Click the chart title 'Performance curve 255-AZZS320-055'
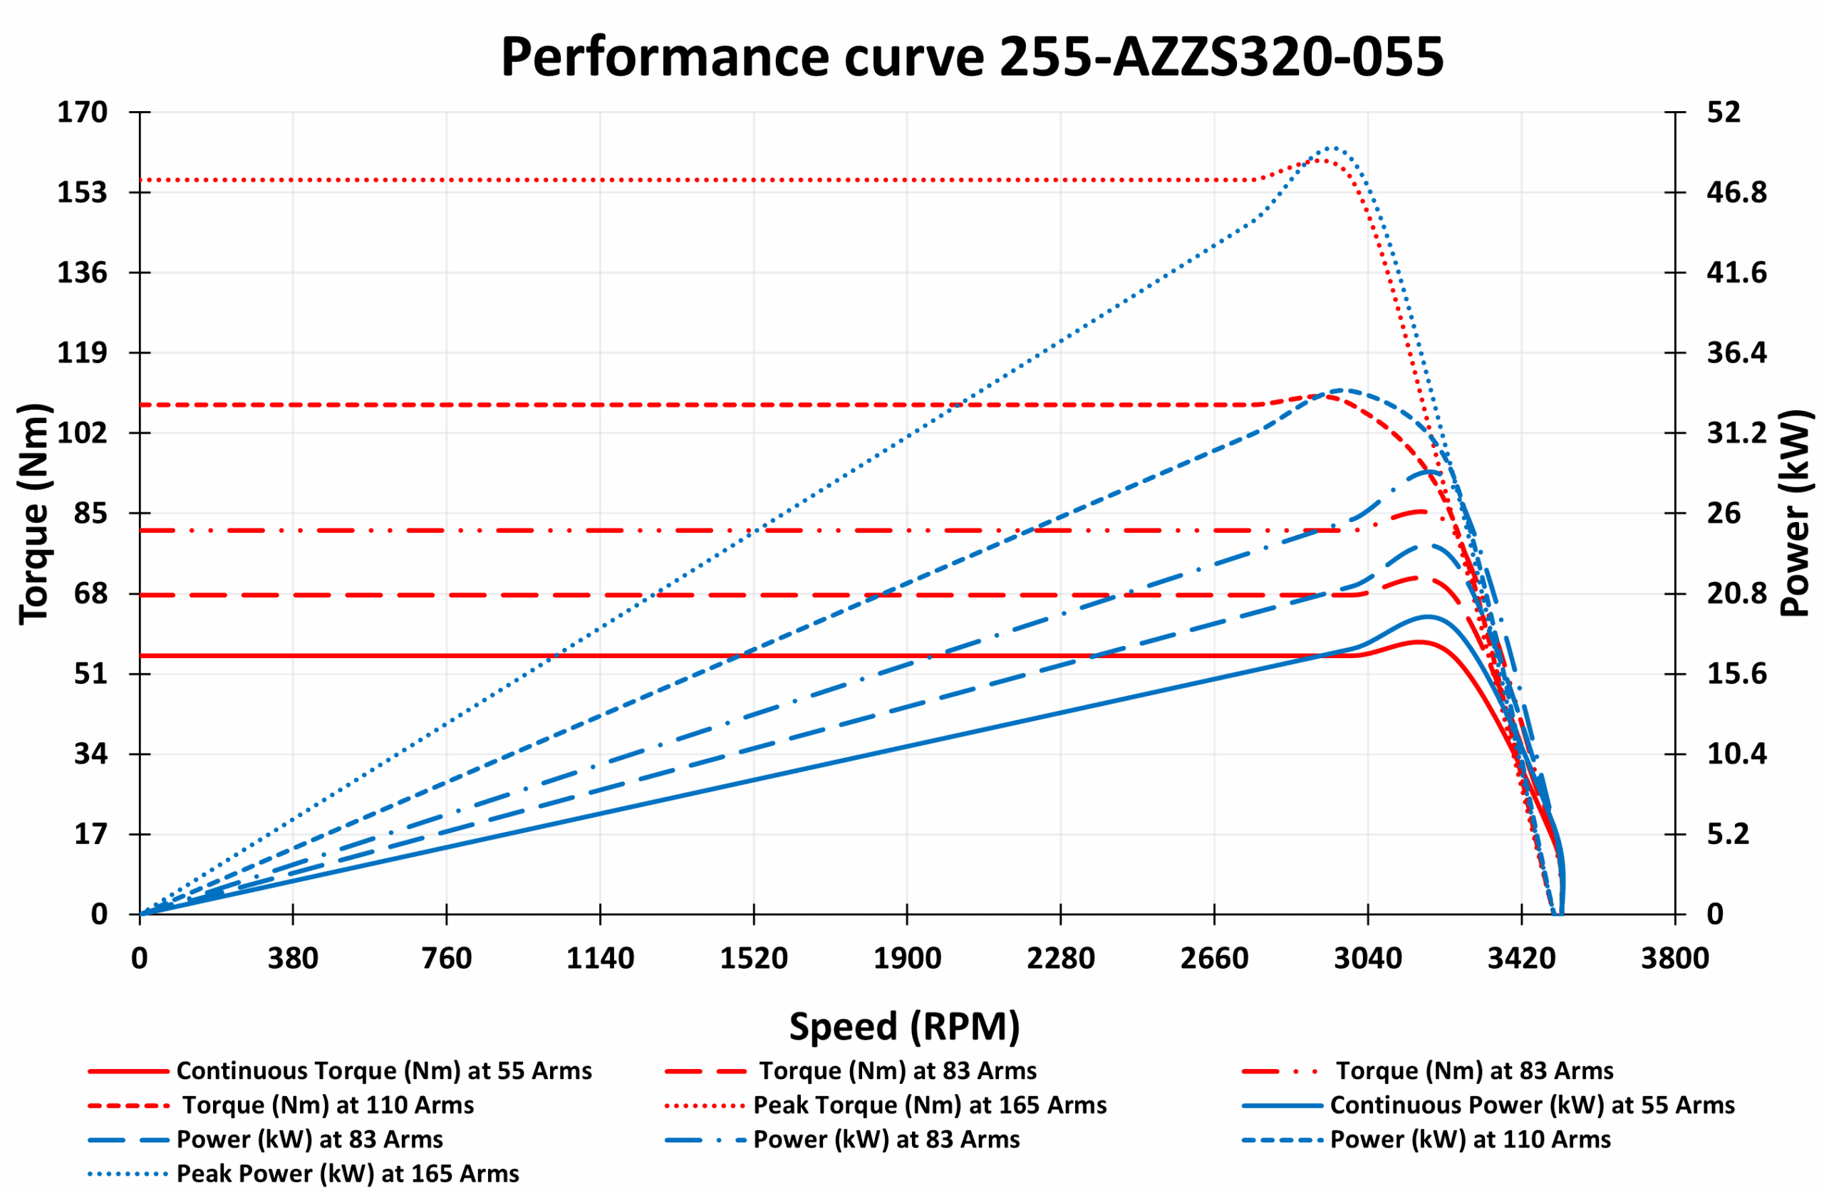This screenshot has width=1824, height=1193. click(x=971, y=58)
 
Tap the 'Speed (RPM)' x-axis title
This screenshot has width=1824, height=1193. click(x=904, y=1026)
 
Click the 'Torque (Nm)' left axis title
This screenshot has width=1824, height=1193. click(x=34, y=514)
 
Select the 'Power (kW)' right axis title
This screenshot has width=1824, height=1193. click(x=1795, y=514)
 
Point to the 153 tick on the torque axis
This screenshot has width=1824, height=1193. click(x=82, y=192)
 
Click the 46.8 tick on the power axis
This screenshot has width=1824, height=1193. click(x=1736, y=192)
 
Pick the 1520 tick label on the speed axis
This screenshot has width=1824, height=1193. click(x=753, y=959)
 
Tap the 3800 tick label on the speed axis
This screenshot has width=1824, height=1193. click(x=1674, y=959)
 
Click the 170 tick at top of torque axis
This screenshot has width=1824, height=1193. click(x=82, y=113)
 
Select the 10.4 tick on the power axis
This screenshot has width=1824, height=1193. click(x=1736, y=754)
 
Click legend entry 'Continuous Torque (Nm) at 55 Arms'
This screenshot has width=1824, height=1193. click(x=383, y=1070)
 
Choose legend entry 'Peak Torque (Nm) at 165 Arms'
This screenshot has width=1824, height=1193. click(x=930, y=1105)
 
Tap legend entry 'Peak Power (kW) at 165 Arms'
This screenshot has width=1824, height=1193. click(x=347, y=1174)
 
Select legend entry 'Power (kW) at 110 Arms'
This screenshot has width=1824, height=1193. click(x=1470, y=1140)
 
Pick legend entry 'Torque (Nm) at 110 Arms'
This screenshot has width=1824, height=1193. click(x=327, y=1105)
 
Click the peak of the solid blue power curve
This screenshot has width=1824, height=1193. click(x=1428, y=616)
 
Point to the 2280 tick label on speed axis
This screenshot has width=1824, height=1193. click(x=1061, y=959)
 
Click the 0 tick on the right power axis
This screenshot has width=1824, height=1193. click(x=1715, y=914)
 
